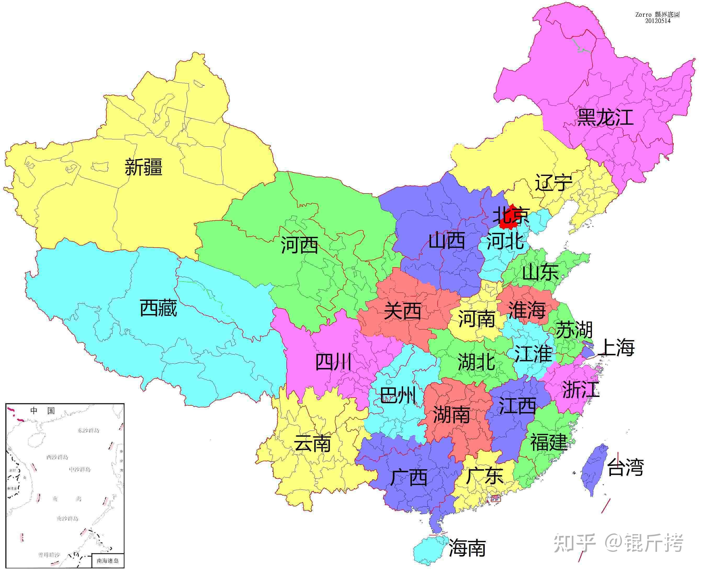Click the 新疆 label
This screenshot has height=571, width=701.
[144, 167]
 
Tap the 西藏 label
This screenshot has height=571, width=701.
[158, 308]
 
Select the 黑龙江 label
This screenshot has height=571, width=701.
[605, 117]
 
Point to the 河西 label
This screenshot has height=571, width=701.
[299, 245]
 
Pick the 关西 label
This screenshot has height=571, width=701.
[402, 311]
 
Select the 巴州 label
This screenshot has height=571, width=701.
[398, 395]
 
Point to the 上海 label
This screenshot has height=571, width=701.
[616, 348]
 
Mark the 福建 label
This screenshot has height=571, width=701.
[548, 442]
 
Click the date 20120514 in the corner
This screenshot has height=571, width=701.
[658, 21]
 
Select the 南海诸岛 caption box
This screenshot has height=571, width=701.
[107, 561]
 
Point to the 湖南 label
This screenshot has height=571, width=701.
[451, 415]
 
